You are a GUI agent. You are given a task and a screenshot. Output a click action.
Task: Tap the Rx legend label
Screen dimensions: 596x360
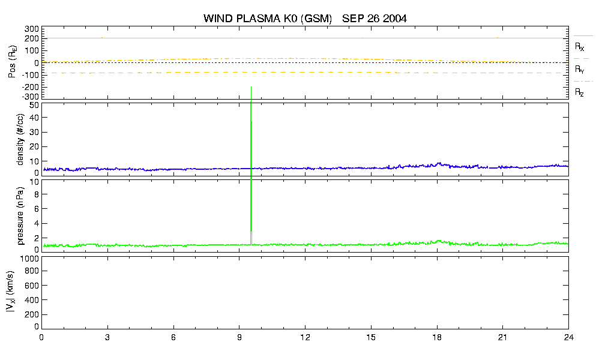[579, 46]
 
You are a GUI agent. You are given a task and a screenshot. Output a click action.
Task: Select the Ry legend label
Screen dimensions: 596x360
[579, 69]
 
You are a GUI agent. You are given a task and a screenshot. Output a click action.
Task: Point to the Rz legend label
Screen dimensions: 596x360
[579, 92]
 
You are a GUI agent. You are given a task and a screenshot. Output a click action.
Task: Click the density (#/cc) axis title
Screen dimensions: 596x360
[20, 139]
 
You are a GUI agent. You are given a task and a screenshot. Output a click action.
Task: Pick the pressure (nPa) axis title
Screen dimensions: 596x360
[20, 215]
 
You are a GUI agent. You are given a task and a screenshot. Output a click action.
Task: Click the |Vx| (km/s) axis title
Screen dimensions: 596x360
[10, 292]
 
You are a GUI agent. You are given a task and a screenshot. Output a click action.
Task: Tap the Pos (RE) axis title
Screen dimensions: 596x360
[12, 62]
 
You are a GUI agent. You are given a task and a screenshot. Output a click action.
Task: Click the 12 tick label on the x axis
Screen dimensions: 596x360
[305, 337]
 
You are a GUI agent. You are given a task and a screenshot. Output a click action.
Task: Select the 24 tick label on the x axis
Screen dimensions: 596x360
[568, 337]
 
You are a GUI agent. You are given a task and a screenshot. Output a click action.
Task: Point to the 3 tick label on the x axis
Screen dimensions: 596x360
[107, 337]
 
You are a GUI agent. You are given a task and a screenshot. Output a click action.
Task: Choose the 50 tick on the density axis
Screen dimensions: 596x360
[34, 106]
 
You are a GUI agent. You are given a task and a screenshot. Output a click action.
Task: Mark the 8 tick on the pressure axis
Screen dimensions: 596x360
[37, 194]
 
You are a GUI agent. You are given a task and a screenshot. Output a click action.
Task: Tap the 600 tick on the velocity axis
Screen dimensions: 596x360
[32, 285]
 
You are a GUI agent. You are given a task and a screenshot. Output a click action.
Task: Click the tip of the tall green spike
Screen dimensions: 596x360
[251, 87]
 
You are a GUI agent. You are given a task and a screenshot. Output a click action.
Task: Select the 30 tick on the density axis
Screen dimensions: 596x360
[34, 132]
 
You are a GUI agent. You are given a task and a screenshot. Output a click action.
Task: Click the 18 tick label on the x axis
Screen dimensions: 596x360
[437, 337]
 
